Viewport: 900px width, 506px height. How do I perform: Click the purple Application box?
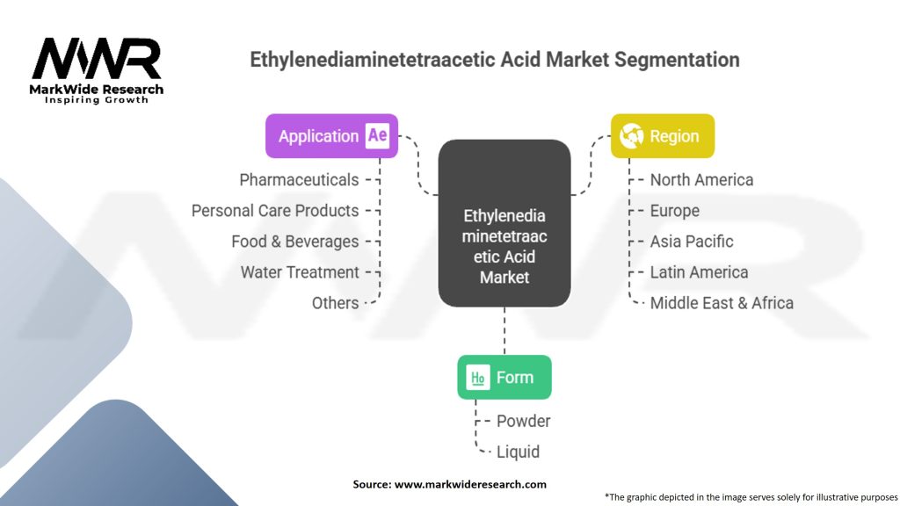tap(331, 136)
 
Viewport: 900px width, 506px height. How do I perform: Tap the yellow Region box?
tap(662, 136)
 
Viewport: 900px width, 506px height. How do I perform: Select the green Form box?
tap(504, 378)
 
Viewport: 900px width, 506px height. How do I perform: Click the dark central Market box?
tap(504, 223)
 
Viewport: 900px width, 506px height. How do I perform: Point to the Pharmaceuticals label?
tap(299, 180)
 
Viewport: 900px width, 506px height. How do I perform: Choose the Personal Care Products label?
tap(275, 211)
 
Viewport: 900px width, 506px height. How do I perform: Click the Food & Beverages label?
tap(295, 242)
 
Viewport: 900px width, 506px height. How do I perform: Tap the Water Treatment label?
tap(300, 272)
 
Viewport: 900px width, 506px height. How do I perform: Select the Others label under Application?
tap(335, 303)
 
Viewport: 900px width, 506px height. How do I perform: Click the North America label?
tap(701, 180)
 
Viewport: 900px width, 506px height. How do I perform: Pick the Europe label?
tap(675, 211)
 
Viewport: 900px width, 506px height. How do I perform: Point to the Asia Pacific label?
tap(692, 242)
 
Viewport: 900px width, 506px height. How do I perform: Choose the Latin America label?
tap(699, 272)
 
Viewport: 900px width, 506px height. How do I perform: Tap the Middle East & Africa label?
tap(722, 303)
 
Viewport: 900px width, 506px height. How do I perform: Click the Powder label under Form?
tap(523, 422)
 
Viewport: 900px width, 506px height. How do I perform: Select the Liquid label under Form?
tap(518, 452)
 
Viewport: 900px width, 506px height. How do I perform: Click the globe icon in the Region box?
tap(631, 136)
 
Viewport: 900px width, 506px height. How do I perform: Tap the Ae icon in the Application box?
tap(377, 136)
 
